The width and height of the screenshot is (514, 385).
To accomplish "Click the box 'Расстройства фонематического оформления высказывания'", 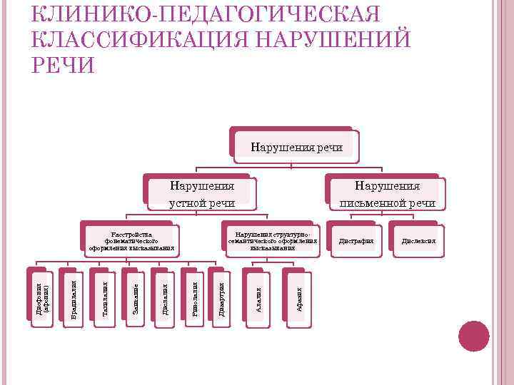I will (x=132, y=241).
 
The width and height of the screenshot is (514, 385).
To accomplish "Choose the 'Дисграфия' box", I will (x=356, y=241).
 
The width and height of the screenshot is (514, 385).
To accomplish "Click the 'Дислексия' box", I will (x=418, y=241).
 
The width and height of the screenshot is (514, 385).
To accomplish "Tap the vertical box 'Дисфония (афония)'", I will (x=43, y=297).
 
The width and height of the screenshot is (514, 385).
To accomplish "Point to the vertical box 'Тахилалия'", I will (x=105, y=299).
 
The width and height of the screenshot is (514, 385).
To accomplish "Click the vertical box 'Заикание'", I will (x=136, y=297).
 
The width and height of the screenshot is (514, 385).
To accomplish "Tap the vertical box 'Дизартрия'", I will (x=222, y=299).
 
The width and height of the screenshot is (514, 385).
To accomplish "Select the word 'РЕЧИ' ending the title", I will (x=64, y=65).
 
